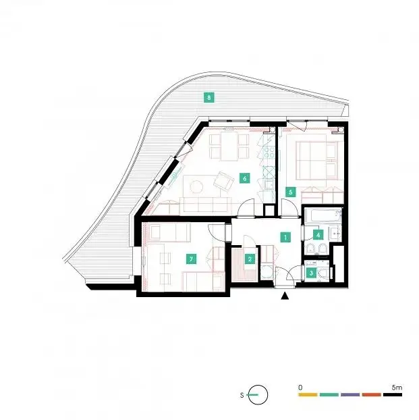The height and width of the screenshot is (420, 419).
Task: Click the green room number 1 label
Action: pos(285,237)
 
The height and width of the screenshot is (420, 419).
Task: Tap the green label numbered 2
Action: pos(250,259)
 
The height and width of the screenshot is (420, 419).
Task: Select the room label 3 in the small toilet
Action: pos(311,273)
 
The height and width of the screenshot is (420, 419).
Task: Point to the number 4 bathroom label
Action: pos(318,235)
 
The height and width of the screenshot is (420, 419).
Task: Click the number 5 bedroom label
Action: pos(291,192)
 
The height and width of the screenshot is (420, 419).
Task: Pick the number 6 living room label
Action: pos(245,178)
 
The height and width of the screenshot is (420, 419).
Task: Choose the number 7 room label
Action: pos(191,259)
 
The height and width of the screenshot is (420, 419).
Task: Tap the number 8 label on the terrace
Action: pos(209,97)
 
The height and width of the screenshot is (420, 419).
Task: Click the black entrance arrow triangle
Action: pos(285,296)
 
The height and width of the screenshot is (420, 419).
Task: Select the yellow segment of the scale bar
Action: pos(308,394)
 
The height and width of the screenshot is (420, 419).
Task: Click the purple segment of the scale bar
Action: pos(350,394)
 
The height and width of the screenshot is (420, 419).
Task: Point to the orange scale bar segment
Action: pos(371,394)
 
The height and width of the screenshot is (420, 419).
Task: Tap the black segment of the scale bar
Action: pos(393,394)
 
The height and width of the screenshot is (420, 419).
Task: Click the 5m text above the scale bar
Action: pos(397,388)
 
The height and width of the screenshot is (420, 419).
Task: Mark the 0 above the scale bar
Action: pos(300,388)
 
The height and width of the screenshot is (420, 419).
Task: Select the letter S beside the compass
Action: pos(242,395)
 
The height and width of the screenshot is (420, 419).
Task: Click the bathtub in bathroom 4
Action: pos(323,215)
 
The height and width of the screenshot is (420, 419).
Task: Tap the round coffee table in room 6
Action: pos(196,186)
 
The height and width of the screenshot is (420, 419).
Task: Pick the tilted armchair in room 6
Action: pos(223,181)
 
